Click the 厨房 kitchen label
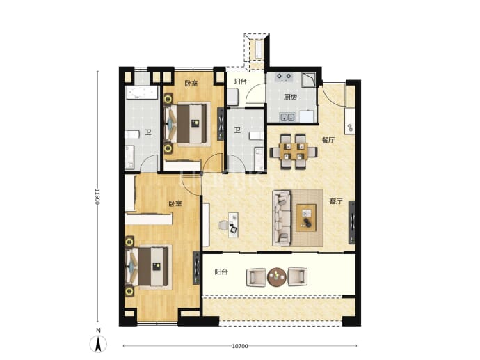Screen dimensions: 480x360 point(290,97)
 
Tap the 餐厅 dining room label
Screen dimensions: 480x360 point(328,140)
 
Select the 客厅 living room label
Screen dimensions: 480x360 point(335,201)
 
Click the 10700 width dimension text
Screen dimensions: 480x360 point(240,346)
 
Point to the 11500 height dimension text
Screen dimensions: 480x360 point(97,196)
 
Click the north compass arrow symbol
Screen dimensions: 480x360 point(98,344)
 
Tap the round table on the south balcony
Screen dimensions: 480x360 point(277,277)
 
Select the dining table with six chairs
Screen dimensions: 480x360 point(293,151)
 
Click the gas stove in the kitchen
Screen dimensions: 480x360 point(284,77)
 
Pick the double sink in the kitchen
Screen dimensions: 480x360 point(287,117)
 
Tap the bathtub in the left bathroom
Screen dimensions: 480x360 point(142,93)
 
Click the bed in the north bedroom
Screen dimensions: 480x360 point(188,124)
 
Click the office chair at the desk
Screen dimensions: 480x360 point(223,225)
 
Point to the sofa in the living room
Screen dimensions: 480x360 point(282,217)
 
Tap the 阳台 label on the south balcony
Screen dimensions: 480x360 point(221,272)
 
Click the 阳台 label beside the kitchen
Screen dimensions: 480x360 point(240,81)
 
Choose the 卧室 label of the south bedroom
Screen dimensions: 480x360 point(175,203)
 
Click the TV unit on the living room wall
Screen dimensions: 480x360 point(352,222)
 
